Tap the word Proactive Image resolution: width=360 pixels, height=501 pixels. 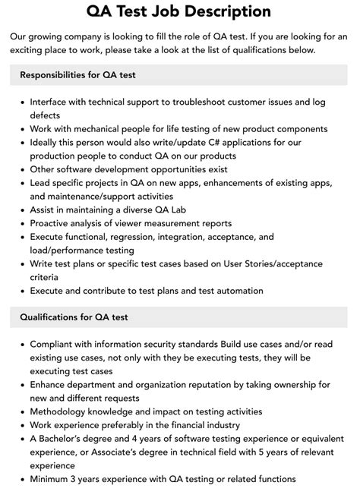click(53, 224)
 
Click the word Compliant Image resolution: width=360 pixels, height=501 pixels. click(55, 345)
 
